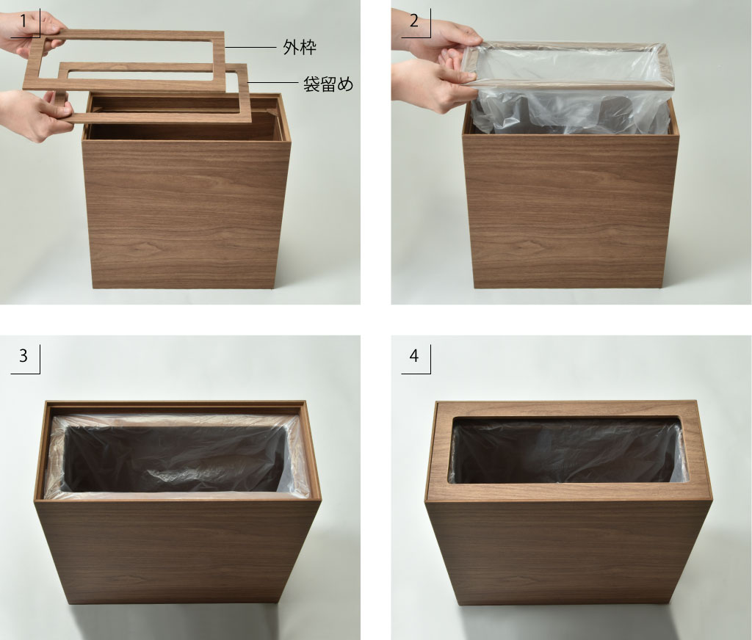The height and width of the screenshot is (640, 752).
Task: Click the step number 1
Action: (23, 21)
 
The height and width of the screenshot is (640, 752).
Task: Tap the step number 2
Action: (414, 21)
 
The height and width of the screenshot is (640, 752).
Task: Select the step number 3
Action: (23, 356)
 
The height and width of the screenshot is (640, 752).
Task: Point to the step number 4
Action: (414, 356)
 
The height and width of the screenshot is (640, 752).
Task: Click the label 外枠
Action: (300, 48)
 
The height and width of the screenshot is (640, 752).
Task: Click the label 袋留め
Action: (328, 84)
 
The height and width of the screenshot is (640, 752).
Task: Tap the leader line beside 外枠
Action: (251, 48)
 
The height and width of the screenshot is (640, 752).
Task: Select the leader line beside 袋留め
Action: (273, 83)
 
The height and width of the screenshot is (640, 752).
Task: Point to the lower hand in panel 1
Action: (34, 115)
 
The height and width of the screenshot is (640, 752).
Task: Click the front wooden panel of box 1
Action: (186, 214)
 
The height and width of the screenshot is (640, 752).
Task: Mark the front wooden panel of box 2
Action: (571, 211)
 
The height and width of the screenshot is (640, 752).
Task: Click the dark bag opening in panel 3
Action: (175, 459)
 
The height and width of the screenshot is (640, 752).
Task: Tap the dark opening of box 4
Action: (566, 451)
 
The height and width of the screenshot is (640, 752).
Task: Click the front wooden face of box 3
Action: (178, 551)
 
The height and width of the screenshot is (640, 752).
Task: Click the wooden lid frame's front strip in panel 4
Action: (568, 492)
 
